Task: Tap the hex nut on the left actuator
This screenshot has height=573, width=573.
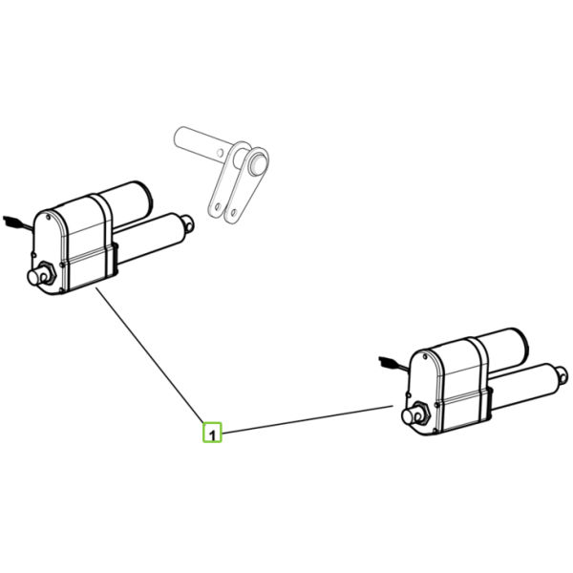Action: click(48, 273)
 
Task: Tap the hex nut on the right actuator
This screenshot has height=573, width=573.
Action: click(422, 414)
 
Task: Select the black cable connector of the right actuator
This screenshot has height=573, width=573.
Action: click(388, 362)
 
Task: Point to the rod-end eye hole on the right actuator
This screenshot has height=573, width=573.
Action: click(563, 374)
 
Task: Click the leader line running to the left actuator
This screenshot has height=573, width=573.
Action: click(150, 355)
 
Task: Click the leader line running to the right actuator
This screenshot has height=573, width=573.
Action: click(307, 419)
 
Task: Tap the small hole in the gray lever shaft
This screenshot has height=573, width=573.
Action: click(220, 152)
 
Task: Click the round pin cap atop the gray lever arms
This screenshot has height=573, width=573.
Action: click(258, 164)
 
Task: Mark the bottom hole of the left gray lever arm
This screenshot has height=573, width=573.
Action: click(218, 207)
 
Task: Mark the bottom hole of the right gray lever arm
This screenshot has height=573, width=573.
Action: click(234, 212)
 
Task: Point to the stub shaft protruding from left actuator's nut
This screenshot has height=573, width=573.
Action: click(36, 277)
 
